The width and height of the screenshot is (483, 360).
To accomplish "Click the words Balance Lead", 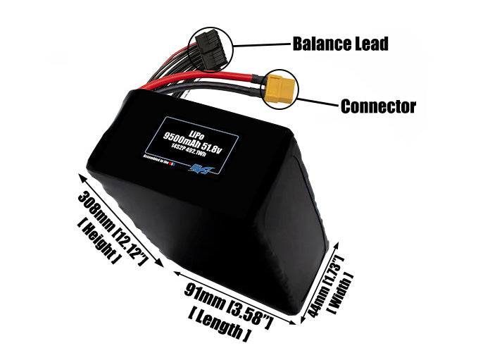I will click(340, 44).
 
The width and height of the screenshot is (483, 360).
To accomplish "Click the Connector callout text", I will click(378, 107).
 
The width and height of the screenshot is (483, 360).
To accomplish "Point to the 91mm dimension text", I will click(200, 297).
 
